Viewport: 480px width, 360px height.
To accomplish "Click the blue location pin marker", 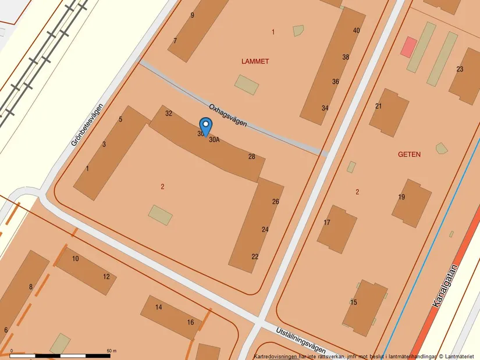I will coord(205,126).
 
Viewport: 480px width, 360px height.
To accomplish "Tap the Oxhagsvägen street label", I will coord(228,115).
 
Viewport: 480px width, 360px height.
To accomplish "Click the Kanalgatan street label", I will coord(446,286).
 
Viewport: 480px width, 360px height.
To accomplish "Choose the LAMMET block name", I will coord(255,61).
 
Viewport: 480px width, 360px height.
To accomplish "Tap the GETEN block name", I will coord(409,155).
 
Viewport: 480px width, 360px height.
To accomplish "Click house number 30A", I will coord(215,140).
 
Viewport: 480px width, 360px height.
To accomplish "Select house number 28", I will coord(252,156).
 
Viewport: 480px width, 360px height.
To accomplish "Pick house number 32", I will coord(169,113).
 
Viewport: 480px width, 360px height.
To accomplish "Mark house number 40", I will coord(357,30).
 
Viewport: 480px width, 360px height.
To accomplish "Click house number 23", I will coord(460,69).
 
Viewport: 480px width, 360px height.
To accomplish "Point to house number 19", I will coord(401,197).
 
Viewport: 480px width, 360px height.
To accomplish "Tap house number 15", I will coord(354,302).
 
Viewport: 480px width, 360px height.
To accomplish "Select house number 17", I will coord(327,223).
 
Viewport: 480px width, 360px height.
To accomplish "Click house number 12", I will coord(106,277).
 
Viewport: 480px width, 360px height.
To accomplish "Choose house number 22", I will coord(255,257).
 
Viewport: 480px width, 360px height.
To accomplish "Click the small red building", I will coord(410,47).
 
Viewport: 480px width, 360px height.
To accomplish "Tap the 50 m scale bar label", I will coord(112,351).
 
